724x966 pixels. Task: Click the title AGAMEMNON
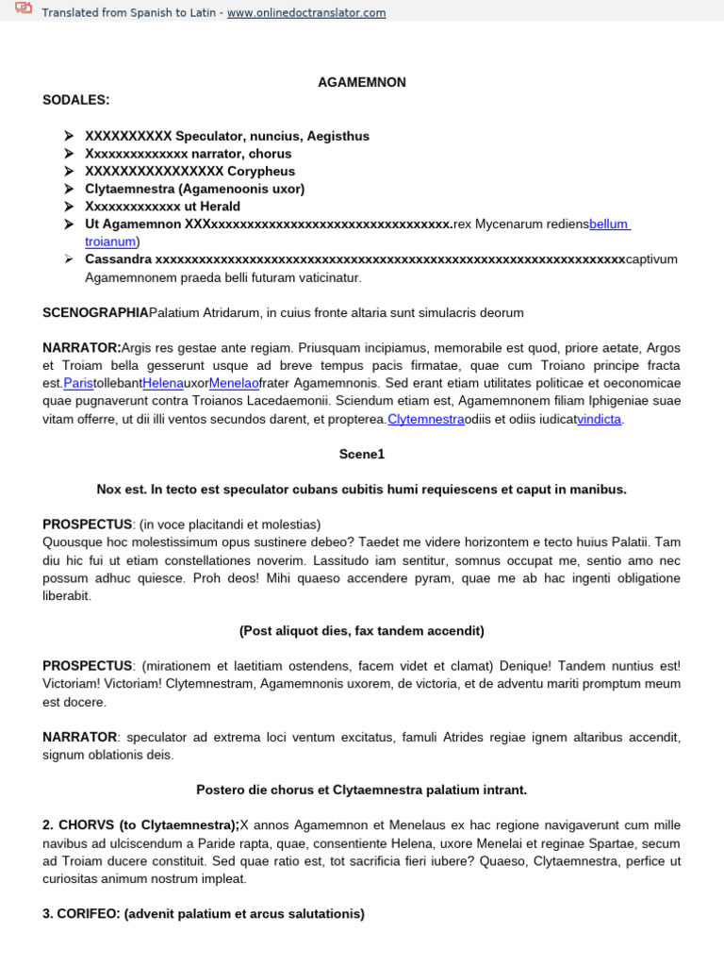[x=361, y=83]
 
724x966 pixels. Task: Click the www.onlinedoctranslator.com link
[x=293, y=12]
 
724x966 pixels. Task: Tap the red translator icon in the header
[x=23, y=11]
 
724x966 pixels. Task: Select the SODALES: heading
[x=76, y=100]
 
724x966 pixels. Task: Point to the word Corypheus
[x=261, y=171]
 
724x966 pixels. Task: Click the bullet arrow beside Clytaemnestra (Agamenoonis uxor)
[x=69, y=189]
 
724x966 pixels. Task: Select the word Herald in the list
[x=219, y=207]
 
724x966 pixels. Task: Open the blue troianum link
[x=111, y=241]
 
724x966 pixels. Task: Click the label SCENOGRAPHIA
[x=95, y=312]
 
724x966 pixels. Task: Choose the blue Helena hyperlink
[x=162, y=384]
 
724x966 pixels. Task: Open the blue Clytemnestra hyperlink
[x=425, y=419]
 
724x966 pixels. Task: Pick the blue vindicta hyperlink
[x=599, y=419]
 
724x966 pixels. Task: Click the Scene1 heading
[x=362, y=455]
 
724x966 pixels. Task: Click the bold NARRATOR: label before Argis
[x=82, y=348]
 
